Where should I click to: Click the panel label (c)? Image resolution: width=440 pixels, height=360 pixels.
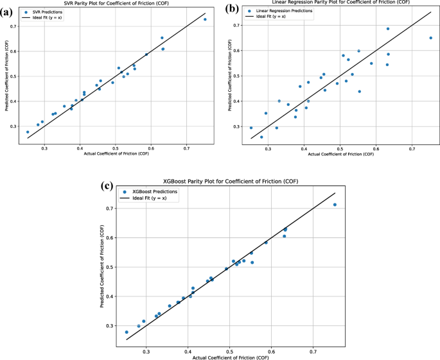click(x=111, y=187)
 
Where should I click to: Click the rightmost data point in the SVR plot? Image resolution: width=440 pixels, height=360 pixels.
click(x=205, y=19)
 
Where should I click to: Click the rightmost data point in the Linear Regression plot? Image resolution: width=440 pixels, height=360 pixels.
click(x=430, y=38)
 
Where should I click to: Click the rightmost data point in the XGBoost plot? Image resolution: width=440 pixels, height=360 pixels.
click(x=335, y=205)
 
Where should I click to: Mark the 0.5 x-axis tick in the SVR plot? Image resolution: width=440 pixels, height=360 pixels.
click(x=116, y=147)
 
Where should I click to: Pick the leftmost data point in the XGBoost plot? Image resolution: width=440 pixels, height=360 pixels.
click(x=127, y=332)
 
